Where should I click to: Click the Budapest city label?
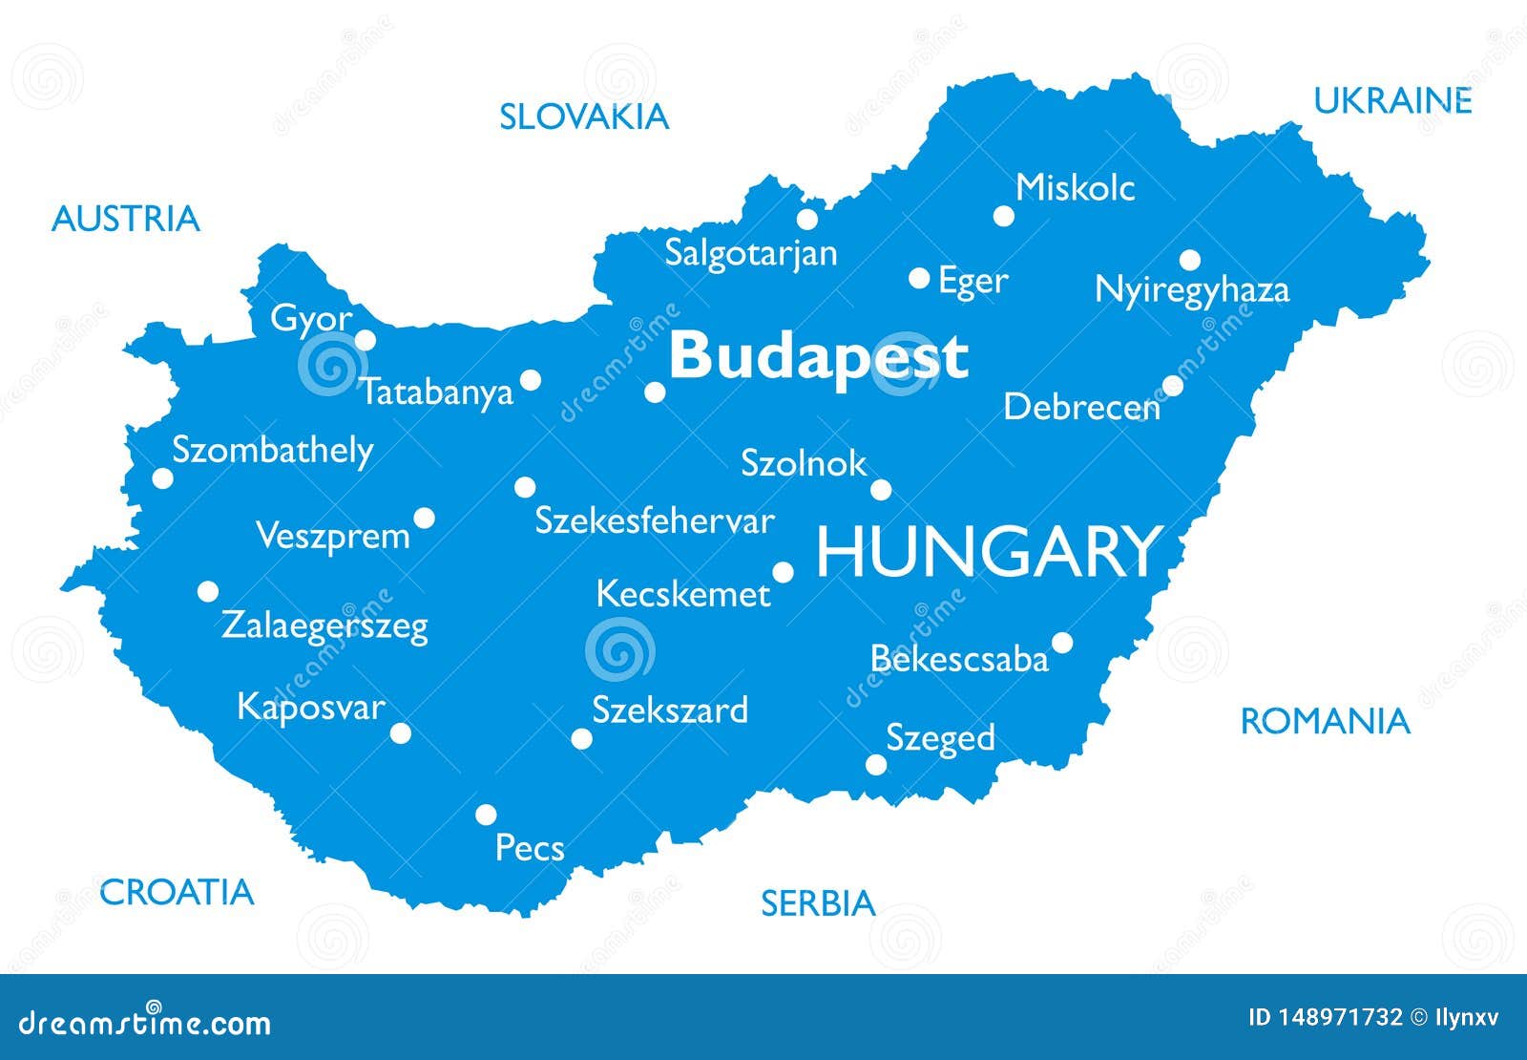click(818, 356)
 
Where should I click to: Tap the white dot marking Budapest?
click(655, 392)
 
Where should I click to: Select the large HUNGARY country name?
click(988, 553)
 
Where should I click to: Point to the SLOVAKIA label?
click(584, 117)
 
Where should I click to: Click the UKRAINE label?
click(1392, 100)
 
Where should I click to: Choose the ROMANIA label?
click(1324, 722)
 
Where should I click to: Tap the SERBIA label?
click(817, 902)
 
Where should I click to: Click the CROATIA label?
click(177, 892)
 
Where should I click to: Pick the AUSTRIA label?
click(125, 219)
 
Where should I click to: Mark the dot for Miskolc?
click(1003, 216)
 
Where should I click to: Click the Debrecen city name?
click(1081, 408)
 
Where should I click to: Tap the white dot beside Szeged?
click(875, 764)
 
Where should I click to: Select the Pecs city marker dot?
click(486, 815)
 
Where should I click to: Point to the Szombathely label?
click(272, 450)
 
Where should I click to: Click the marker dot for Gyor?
click(366, 340)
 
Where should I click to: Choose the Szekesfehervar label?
click(654, 521)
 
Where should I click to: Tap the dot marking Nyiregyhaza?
click(1189, 260)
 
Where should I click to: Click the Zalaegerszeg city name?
click(324, 626)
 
